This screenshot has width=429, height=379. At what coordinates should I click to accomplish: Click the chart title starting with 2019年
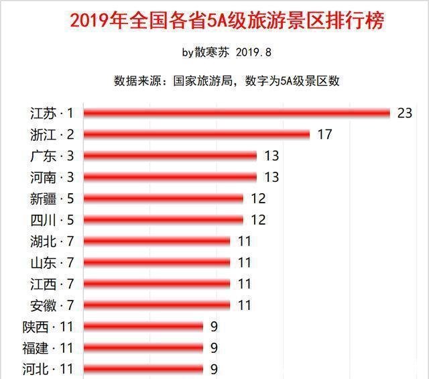pos(227,19)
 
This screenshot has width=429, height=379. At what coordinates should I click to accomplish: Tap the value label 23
pos(404,113)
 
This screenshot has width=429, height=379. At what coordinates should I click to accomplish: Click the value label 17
pos(324,135)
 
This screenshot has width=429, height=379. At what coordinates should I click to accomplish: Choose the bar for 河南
pos(170,177)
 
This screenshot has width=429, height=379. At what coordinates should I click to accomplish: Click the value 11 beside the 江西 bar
pos(245,284)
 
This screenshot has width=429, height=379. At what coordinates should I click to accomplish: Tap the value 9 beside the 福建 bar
pos(214,347)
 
